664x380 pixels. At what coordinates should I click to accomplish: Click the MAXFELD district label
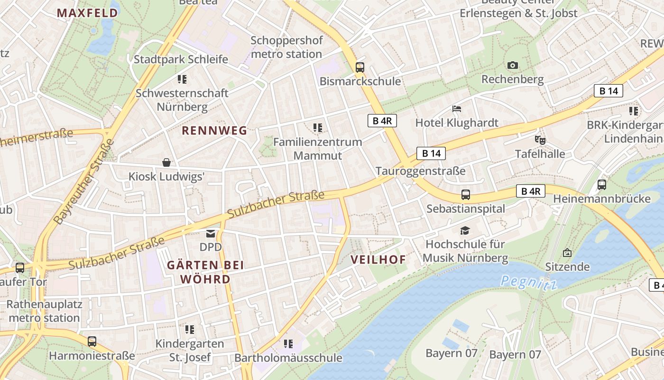point(87,13)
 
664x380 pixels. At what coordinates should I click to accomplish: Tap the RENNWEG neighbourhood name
point(215,131)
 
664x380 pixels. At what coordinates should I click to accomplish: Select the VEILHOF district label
point(378,259)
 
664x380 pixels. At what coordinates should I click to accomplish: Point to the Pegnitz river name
point(529,282)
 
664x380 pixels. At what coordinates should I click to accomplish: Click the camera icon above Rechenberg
point(512,65)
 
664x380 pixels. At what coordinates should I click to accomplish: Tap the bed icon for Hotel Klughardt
point(457,109)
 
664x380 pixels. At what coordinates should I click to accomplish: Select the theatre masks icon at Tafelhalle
point(540,140)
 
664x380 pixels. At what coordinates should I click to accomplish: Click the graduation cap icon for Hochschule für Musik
point(465,230)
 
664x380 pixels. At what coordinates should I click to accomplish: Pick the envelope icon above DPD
point(210,233)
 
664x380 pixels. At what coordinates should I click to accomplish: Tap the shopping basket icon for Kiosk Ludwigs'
point(166,162)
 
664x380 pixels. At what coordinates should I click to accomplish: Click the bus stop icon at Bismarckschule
point(360,67)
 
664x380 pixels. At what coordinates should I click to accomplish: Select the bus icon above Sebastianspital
point(466,194)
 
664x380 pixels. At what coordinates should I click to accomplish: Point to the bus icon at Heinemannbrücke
point(601,184)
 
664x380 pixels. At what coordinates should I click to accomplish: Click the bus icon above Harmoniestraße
point(92,341)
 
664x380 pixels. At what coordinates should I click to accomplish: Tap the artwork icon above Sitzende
point(567,253)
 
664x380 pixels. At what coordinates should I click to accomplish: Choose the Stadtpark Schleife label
point(181,59)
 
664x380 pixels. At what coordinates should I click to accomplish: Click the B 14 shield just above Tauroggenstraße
point(431,153)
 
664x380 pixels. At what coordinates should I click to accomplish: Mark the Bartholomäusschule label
point(288,358)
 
